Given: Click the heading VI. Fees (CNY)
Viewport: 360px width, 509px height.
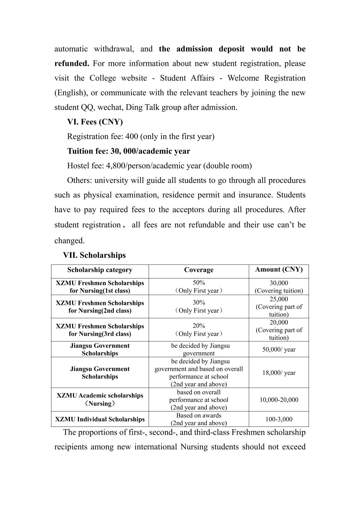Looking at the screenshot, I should point(95,122).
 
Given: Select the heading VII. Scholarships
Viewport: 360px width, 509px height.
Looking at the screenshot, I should point(94,255).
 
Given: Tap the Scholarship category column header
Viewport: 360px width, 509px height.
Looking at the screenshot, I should point(100,270).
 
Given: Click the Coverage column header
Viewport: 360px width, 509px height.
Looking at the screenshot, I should point(199,270).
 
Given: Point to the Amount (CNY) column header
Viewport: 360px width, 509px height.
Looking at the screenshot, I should point(279,269).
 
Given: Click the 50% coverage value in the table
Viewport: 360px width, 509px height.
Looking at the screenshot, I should point(199,283).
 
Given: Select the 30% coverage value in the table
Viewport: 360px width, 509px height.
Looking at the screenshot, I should point(199,303).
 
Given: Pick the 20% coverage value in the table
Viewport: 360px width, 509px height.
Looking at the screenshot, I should point(199,326).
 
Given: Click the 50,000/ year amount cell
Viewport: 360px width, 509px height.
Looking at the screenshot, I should point(279,350).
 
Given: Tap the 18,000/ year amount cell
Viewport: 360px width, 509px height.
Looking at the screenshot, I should point(279,373).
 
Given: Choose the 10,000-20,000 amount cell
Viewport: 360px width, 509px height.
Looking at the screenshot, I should point(279,400).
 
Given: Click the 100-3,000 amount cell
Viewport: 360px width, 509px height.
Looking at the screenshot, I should point(279,419).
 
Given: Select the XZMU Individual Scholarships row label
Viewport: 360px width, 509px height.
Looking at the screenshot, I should point(100,419).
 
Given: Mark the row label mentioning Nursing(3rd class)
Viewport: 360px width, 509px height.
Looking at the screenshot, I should point(100,330).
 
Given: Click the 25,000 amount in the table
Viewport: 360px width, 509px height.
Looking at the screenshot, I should point(279,299).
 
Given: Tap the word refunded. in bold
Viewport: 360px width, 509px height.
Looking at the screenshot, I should point(72,64).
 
